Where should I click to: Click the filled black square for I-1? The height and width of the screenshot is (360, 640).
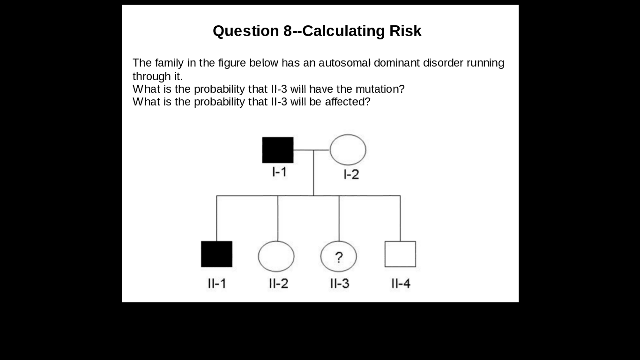[278, 150]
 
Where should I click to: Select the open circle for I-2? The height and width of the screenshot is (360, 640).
[348, 150]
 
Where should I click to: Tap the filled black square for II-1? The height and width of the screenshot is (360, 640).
[216, 254]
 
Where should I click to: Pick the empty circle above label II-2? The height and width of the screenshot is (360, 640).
[276, 256]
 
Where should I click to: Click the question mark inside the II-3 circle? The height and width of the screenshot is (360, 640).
[339, 257]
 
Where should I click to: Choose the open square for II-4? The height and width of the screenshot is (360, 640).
[400, 254]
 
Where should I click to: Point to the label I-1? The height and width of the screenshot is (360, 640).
[279, 172]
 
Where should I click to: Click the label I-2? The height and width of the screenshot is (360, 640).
[351, 174]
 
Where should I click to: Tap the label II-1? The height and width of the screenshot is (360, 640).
[216, 284]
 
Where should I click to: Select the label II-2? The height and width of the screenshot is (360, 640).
[278, 284]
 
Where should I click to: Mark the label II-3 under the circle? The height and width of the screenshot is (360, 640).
[339, 284]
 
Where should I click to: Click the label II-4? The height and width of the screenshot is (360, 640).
[401, 284]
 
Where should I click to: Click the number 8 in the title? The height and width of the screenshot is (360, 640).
[288, 31]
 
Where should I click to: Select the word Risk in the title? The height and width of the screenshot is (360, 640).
[405, 31]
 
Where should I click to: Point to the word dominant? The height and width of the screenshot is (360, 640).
[396, 63]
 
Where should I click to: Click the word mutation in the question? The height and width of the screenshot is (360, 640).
[378, 89]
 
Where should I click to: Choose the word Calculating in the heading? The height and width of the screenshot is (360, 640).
[344, 31]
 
